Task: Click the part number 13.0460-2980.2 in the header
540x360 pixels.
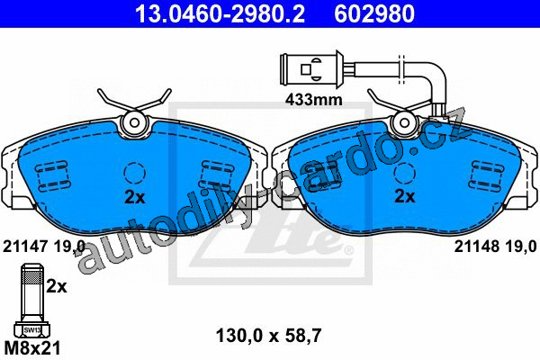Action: (220, 14)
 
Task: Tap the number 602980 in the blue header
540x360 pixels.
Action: (374, 14)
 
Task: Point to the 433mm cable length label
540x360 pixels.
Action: (314, 100)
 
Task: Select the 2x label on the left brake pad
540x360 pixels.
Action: (135, 197)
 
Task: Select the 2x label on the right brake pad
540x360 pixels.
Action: (405, 196)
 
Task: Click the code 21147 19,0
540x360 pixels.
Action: (44, 247)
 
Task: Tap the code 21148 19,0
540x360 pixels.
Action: (495, 247)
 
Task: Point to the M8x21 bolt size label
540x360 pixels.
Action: (32, 348)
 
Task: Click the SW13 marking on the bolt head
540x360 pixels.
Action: (32, 330)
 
